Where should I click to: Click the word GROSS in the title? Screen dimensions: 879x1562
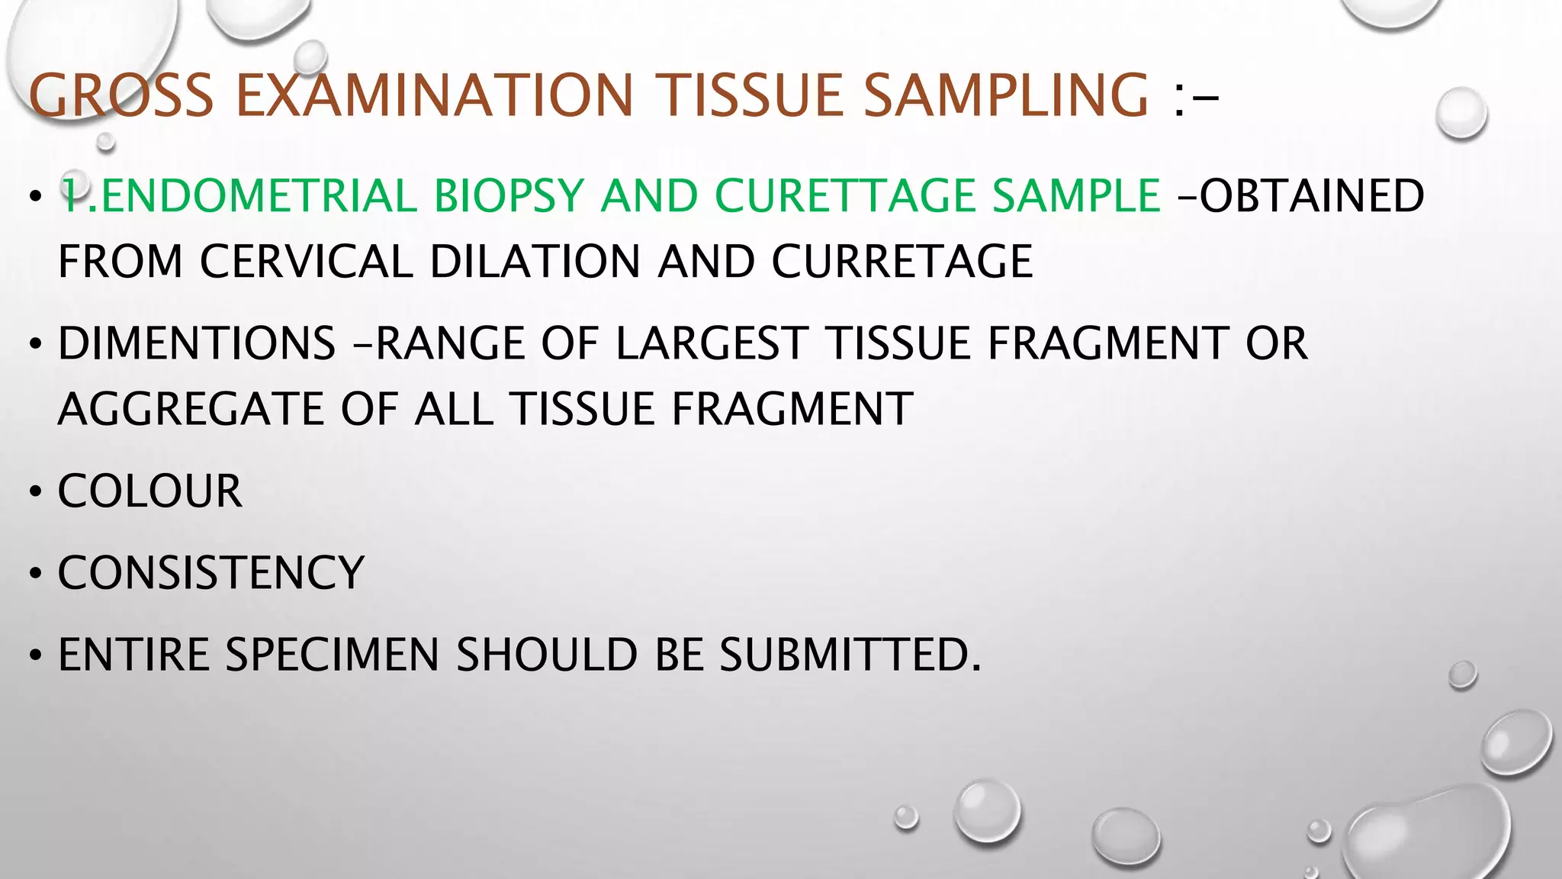(x=121, y=96)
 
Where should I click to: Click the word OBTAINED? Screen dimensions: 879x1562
(x=1310, y=196)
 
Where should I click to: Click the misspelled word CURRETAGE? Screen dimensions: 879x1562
(x=902, y=262)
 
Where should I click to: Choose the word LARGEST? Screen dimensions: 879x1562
(x=711, y=343)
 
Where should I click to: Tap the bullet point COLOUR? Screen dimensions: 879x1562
(x=149, y=491)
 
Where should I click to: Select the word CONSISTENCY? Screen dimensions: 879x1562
(x=211, y=573)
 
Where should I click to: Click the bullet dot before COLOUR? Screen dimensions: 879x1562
(x=35, y=492)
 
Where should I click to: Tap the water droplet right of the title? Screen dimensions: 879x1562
(x=1461, y=113)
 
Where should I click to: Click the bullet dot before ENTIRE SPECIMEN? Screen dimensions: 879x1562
(x=35, y=656)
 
